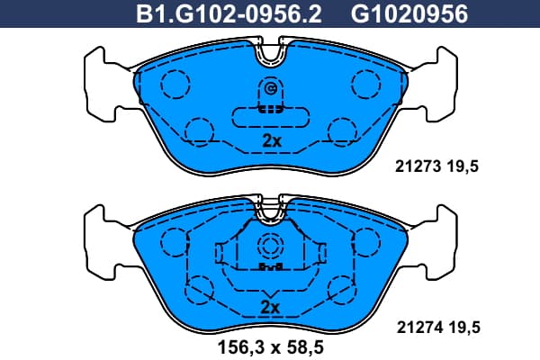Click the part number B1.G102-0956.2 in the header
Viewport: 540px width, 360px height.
click(x=229, y=13)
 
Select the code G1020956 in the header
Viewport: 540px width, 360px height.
click(x=409, y=13)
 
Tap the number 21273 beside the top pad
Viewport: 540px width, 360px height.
click(x=418, y=166)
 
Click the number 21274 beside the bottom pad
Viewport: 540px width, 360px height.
click(x=419, y=328)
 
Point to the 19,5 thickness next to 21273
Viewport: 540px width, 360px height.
click(x=463, y=166)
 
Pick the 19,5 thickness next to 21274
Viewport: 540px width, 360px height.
click(x=464, y=328)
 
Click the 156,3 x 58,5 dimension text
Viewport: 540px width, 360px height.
click(x=270, y=347)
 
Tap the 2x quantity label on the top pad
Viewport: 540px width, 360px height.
click(x=272, y=140)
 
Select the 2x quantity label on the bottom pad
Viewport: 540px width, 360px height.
click(x=270, y=307)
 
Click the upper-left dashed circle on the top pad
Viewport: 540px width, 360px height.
click(x=175, y=84)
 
